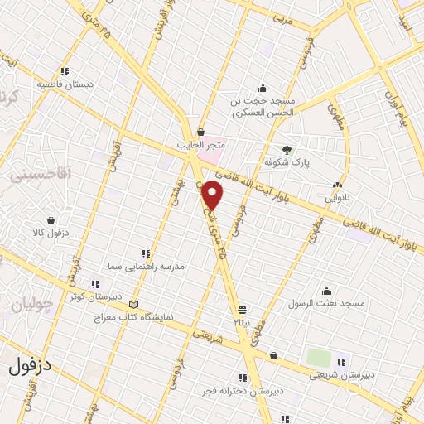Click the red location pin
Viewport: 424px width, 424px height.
(213, 195)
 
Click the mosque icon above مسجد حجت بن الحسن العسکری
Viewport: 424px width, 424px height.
(263, 89)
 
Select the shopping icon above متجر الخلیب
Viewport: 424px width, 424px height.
(200, 132)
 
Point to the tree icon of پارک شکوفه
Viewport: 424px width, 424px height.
(287, 150)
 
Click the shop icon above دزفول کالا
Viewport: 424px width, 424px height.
(52, 221)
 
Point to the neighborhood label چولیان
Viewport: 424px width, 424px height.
(31, 306)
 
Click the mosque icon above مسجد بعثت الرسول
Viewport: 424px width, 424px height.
(327, 291)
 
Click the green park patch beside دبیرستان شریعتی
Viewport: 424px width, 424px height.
(319, 358)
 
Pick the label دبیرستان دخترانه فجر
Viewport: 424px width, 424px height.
(244, 389)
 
